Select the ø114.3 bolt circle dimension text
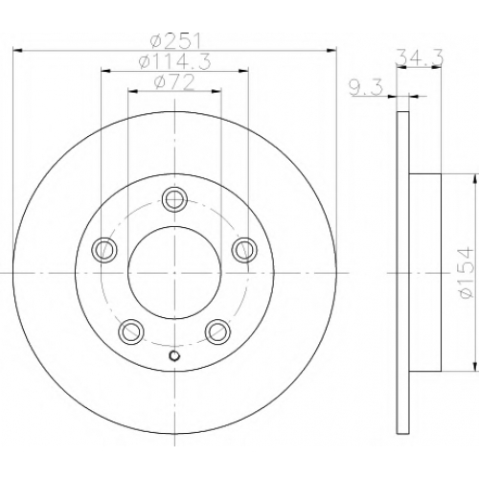(175, 61)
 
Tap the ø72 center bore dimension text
(174, 82)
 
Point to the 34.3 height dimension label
(420, 57)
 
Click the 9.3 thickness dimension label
(366, 88)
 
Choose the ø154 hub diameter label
(466, 272)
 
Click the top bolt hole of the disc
(174, 199)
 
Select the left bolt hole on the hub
(104, 250)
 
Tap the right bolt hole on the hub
(244, 250)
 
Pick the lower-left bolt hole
(130, 331)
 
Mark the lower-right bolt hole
(217, 331)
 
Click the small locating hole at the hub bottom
(174, 355)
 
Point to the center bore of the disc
(174, 273)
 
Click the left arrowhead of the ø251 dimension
(17, 51)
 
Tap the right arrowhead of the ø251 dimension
(331, 51)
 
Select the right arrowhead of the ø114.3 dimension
(243, 71)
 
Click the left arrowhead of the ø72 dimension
(132, 92)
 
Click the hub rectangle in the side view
(425, 273)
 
